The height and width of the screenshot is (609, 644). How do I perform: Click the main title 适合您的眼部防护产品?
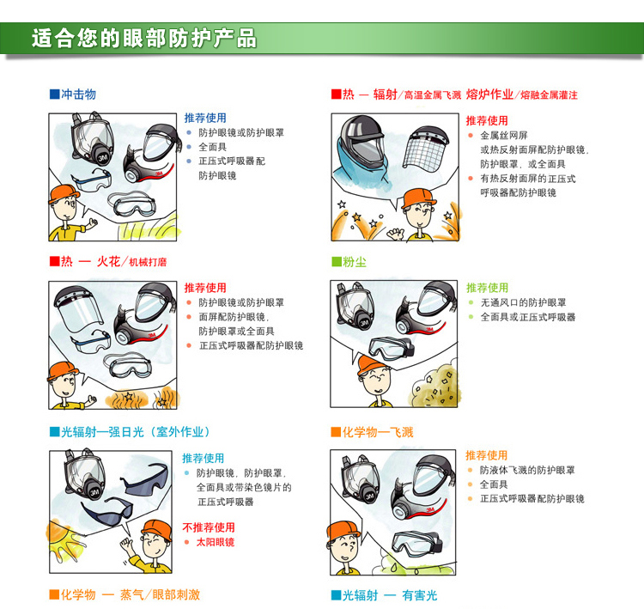tap(144, 38)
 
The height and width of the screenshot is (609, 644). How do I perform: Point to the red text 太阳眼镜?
tap(216, 542)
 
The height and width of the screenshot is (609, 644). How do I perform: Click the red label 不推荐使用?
tap(209, 527)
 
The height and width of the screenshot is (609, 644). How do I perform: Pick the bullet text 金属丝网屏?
tap(504, 135)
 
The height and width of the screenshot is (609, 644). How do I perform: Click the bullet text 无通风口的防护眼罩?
tap(523, 302)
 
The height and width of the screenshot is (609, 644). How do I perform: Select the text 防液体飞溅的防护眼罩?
tap(527, 470)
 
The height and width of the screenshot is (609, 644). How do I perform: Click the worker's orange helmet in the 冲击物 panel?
tap(64, 193)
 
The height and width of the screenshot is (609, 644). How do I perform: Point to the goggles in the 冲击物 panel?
tap(132, 204)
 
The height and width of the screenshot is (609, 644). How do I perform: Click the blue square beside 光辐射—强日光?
tap(55, 432)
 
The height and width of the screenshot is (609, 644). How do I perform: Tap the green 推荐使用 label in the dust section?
tap(487, 288)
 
